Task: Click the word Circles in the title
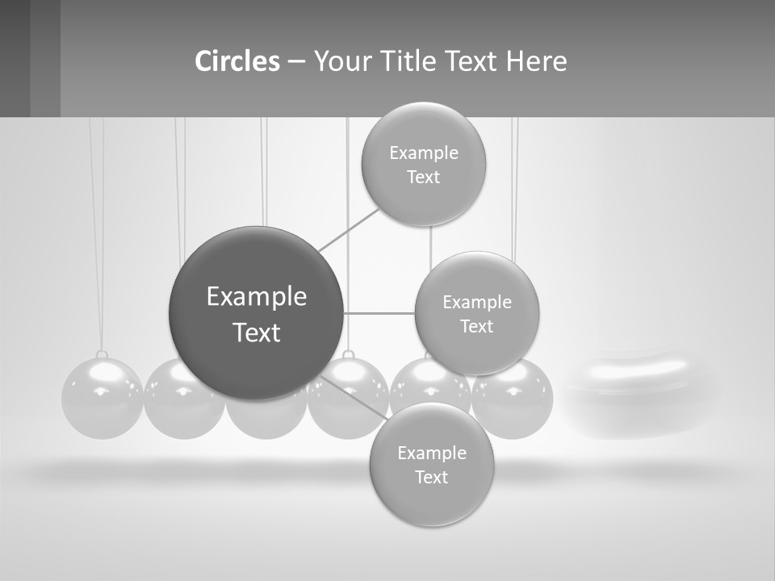(x=237, y=61)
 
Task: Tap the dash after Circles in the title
(x=296, y=61)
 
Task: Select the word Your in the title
(x=340, y=61)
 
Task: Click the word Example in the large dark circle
(x=257, y=297)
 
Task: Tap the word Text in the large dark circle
(x=257, y=332)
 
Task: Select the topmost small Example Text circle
(x=423, y=164)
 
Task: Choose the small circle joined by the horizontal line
(x=476, y=313)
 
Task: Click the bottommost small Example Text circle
(x=431, y=464)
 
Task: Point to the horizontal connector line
(x=379, y=313)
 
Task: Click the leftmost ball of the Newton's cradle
(x=102, y=399)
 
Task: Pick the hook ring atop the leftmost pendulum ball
(x=102, y=355)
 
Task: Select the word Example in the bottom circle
(x=431, y=453)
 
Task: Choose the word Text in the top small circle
(x=423, y=177)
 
